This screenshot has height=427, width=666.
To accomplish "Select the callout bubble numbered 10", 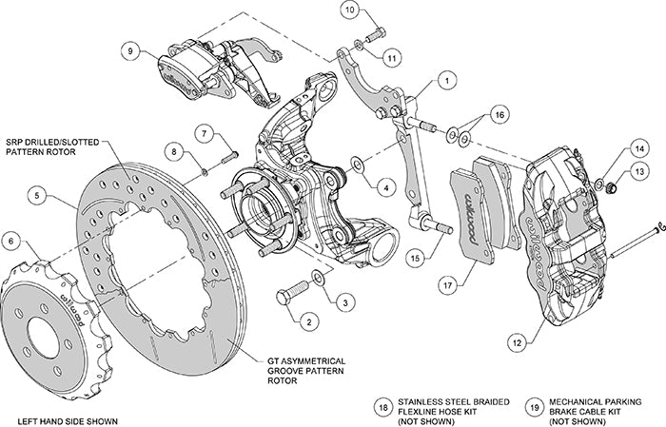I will [351, 11].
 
